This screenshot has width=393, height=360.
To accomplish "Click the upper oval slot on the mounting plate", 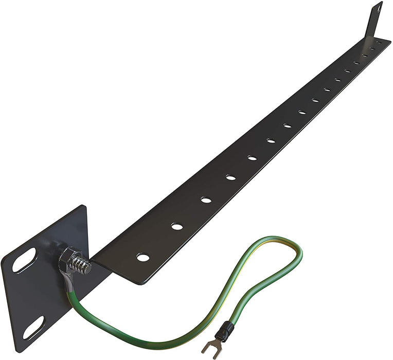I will point(24,260).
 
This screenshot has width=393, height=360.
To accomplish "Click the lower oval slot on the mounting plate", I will point(33,328).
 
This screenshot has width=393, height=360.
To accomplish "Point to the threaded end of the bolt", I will point(83,265).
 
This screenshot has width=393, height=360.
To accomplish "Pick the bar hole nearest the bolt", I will point(143,256).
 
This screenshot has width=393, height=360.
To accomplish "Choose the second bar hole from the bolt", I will point(177,226).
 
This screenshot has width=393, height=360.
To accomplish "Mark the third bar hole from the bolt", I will point(206,200).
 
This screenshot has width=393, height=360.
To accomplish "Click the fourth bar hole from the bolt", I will point(230,177).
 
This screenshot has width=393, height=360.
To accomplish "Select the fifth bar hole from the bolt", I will point(252,158).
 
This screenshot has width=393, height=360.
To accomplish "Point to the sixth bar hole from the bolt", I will point(271,140).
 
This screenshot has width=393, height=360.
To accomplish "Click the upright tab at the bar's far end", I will point(374,21).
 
